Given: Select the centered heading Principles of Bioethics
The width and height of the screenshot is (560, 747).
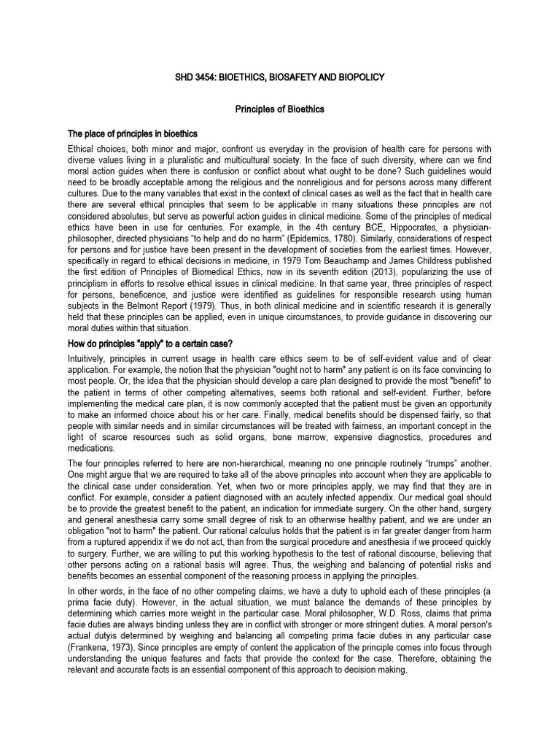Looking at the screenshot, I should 279,109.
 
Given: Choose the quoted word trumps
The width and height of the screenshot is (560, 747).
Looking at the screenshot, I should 453,465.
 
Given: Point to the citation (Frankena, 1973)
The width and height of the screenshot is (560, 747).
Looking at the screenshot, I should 106,664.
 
